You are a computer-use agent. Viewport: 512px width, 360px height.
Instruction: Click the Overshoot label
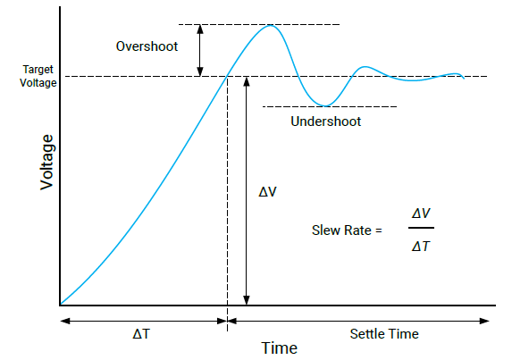(147, 46)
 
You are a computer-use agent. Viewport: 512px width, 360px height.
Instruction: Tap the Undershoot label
(325, 121)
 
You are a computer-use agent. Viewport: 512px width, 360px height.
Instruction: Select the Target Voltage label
(38, 76)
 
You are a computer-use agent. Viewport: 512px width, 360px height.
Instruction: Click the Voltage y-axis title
(47, 163)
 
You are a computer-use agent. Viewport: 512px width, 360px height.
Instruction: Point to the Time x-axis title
(279, 347)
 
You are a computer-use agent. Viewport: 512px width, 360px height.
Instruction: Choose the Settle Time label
(384, 334)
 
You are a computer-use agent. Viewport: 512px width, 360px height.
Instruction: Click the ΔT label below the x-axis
(141, 334)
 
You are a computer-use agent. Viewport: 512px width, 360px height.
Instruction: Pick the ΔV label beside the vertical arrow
(267, 192)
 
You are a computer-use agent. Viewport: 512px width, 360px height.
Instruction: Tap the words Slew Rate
(341, 230)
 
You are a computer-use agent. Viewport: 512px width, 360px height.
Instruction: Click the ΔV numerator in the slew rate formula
(421, 213)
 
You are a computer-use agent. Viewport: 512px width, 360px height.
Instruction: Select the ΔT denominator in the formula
(421, 247)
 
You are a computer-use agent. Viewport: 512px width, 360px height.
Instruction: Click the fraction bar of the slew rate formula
(421, 228)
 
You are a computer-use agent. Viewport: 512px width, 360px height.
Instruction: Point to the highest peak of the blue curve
(271, 25)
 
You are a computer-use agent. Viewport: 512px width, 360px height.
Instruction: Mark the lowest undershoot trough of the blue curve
(325, 105)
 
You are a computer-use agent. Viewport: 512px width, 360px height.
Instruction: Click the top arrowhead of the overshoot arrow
(200, 29)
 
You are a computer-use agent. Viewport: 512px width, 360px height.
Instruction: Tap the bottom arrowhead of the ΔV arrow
(247, 300)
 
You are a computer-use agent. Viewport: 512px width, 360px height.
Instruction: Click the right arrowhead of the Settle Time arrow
(484, 321)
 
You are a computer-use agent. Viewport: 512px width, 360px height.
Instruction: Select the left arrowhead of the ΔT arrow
(65, 321)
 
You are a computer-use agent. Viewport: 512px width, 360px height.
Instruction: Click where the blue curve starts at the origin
(61, 305)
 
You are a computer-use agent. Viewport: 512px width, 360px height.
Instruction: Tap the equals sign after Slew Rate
(379, 230)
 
